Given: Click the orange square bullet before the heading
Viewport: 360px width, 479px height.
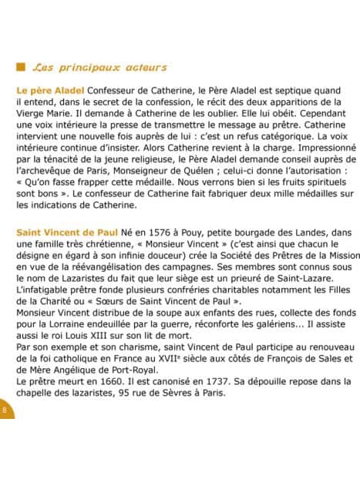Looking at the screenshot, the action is pos(20,67).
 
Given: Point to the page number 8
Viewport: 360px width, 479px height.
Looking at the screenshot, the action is pos(4,409).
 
